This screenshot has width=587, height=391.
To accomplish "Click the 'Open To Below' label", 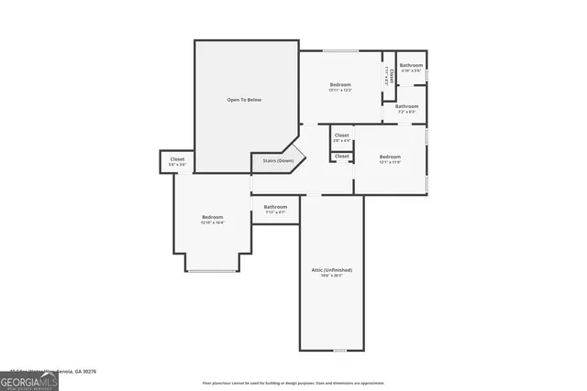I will click(x=245, y=99).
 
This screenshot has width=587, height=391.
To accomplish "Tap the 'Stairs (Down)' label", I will click(x=279, y=160).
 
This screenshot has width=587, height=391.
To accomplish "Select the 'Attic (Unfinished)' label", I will click(x=331, y=270).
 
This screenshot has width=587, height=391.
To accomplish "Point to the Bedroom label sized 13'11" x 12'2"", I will click(x=340, y=85).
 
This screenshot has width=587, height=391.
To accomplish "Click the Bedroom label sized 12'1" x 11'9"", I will click(x=390, y=157).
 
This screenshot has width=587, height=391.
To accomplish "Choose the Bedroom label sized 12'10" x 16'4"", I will click(x=213, y=218).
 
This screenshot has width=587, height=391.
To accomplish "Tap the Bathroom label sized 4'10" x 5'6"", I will click(x=411, y=65).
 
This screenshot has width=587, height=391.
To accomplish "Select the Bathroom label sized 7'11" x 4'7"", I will click(x=275, y=207).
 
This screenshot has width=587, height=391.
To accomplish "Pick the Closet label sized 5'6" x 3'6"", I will click(x=177, y=159).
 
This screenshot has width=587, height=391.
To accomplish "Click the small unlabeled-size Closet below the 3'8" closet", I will click(x=341, y=157).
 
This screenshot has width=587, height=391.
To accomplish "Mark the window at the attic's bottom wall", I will click(x=340, y=351).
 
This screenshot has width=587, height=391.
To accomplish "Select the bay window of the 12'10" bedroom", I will click(x=211, y=270).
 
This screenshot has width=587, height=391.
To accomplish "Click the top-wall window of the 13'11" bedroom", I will click(x=335, y=50).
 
